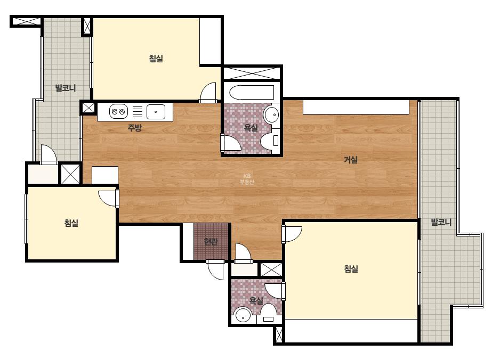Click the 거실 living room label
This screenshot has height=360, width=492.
click(351, 160)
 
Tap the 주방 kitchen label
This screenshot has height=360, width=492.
click(135, 128)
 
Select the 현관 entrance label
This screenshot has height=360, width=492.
click(211, 242)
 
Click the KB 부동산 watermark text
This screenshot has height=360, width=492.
click(247, 179)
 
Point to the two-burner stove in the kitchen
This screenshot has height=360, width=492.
click(119, 111)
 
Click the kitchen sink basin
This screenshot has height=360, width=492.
click(156, 112)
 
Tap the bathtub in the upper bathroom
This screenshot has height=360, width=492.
click(252, 93)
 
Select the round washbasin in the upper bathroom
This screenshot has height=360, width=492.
click(271, 115)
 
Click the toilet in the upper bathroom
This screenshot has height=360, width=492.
click(270, 141)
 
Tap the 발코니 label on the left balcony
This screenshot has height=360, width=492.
click(66, 88)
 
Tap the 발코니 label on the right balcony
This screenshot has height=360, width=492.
click(441, 222)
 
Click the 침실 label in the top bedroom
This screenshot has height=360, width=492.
click(156, 59)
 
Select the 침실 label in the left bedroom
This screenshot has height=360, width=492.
click(71, 223)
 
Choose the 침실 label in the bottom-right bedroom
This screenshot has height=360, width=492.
click(351, 269)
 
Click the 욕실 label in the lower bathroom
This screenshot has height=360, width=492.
click(256, 301)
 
